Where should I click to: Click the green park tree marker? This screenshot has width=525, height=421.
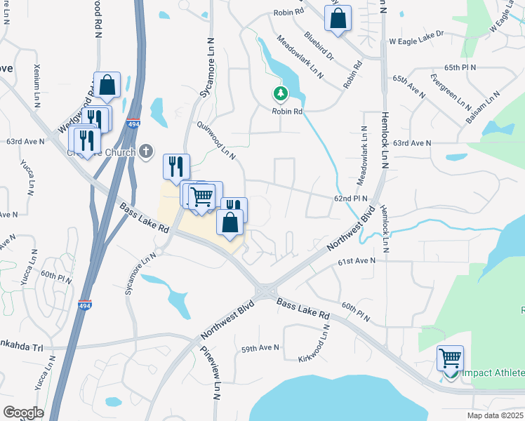[281, 93]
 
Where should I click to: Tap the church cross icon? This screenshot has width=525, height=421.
[146, 150]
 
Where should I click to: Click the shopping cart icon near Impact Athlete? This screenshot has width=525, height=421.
[450, 358]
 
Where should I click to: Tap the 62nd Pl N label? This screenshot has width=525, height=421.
[351, 199]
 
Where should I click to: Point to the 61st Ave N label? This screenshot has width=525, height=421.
[357, 260]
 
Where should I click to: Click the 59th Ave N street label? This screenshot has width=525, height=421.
[260, 348]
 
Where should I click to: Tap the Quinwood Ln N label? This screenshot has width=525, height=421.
[217, 141]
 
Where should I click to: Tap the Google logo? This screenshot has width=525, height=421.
[23, 413]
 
